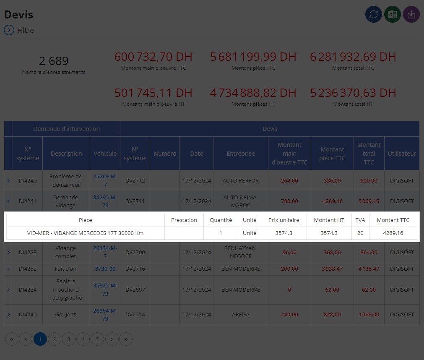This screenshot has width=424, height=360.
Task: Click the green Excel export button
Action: pos(393,14)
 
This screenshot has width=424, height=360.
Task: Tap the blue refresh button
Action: pos(374,14)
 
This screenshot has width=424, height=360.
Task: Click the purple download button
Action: pos(411,14)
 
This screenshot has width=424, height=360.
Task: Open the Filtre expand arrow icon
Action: pos(9,30)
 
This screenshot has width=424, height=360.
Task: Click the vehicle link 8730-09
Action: pos(105,269)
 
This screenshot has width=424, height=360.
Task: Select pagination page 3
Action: pos(69,339)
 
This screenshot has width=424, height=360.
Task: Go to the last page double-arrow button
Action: pos(126,339)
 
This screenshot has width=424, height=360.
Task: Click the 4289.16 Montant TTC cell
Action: pos(393,233)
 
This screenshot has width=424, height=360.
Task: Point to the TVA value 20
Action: pos(360,233)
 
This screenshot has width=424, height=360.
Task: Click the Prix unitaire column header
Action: pos(284,220)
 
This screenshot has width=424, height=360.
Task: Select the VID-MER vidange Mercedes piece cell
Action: pos(86,233)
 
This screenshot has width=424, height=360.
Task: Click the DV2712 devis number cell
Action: pos(135,181)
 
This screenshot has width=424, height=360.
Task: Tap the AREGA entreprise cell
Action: pos(241,315)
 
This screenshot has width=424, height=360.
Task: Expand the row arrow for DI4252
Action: pos(8,269)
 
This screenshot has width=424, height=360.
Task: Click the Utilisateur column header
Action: pos(401,154)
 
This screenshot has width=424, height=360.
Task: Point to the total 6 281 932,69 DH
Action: pos(353,57)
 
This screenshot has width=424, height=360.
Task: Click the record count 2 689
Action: pos(54,61)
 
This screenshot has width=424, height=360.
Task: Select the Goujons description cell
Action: pos(66,315)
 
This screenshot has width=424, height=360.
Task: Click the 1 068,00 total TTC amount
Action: pos(369,315)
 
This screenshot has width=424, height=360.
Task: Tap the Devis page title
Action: pos(18,15)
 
